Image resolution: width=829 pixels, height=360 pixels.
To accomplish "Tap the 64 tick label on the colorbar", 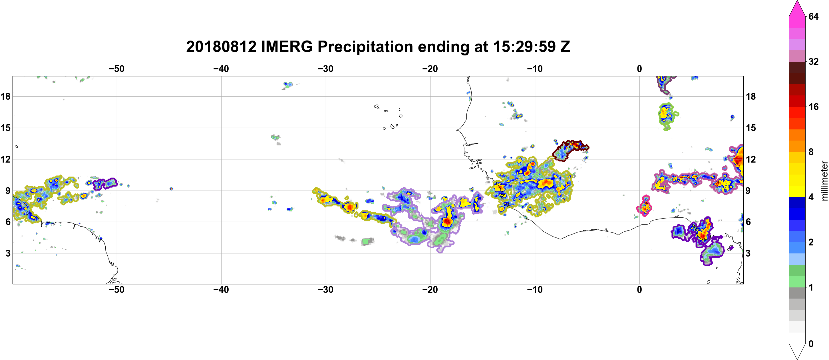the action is point(814,16).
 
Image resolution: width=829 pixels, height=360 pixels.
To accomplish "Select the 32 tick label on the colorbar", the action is point(814,61).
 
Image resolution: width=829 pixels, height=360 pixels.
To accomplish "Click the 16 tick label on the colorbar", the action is point(814,107).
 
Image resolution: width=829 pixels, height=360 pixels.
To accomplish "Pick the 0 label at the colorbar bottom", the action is point(811,344).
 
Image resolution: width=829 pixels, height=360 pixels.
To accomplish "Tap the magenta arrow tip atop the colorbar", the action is point(797,1).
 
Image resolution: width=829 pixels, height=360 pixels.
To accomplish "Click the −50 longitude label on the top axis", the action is point(116,69).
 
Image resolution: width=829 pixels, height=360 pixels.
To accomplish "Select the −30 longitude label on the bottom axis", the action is point(326,290).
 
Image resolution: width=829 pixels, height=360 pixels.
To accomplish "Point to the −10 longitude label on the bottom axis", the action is point(535,290).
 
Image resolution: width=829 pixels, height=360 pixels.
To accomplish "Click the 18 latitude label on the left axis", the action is point(5,96).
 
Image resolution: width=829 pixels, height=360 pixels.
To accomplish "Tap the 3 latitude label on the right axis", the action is point(748,253).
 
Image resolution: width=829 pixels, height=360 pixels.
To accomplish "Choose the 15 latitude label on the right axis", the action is point(751,128).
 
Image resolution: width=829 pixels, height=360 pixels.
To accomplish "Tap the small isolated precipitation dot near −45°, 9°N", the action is point(171,189).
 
